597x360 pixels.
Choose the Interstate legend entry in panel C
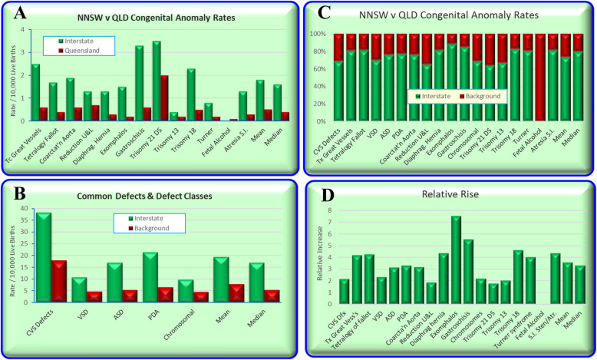pyautogui.click(x=433, y=97)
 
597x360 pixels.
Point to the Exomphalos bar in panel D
pyautogui.click(x=456, y=257)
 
